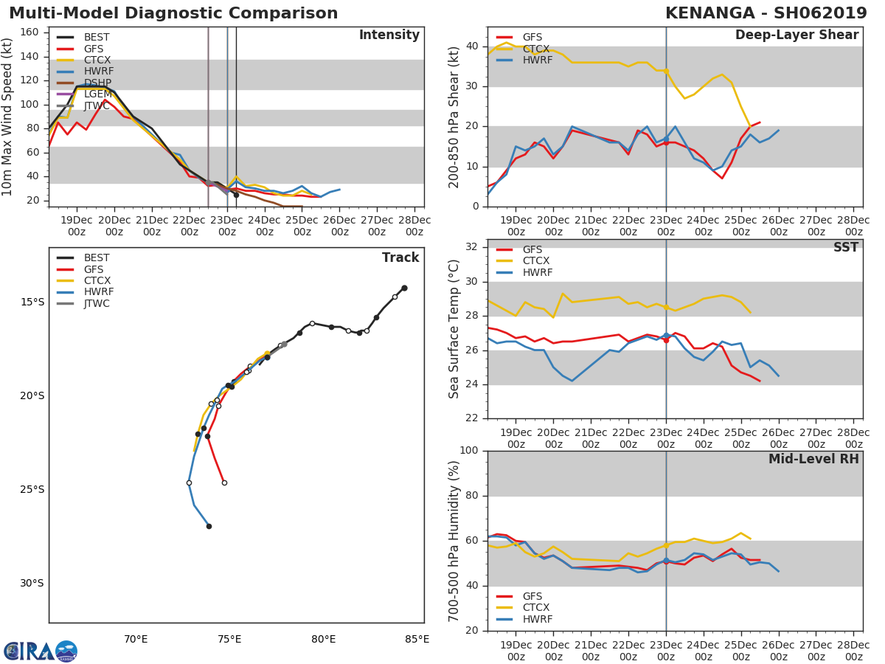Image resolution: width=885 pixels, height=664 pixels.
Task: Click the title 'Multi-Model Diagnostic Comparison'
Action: point(173,13)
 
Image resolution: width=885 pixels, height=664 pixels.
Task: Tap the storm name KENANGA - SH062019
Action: point(767,13)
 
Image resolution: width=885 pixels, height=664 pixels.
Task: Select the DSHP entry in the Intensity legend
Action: point(97,83)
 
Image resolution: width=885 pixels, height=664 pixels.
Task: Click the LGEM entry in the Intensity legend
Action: point(98,94)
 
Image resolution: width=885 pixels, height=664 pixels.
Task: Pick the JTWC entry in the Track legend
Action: point(97,303)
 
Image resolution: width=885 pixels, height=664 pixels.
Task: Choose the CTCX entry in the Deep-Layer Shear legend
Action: point(537,49)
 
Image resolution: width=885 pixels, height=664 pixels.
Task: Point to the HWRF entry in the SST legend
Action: point(536,272)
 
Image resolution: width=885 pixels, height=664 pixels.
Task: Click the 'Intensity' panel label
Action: point(389,35)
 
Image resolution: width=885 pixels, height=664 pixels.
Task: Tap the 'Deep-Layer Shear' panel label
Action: point(796,35)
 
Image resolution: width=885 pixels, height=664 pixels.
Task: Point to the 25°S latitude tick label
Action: point(32,489)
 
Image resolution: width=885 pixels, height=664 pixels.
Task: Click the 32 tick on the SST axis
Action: point(473,247)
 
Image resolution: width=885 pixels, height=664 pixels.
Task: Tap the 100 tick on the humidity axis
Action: point(469,451)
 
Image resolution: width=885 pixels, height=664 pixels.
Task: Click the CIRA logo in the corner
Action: point(41,651)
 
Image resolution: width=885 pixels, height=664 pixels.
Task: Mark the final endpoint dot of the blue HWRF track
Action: point(209,526)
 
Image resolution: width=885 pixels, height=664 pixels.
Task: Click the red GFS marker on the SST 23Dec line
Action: point(666,340)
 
